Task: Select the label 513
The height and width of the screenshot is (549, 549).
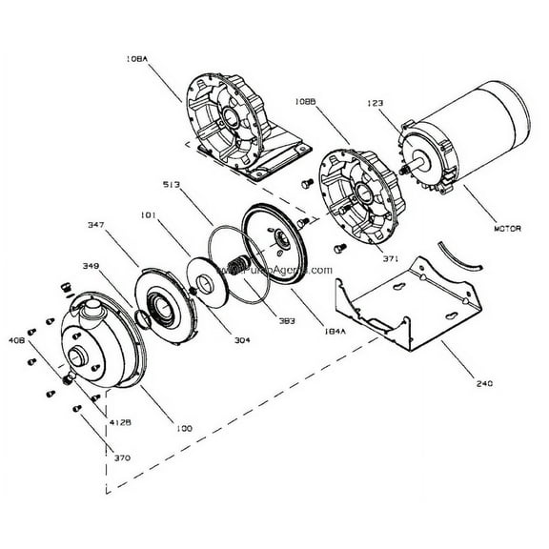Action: (173, 185)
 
